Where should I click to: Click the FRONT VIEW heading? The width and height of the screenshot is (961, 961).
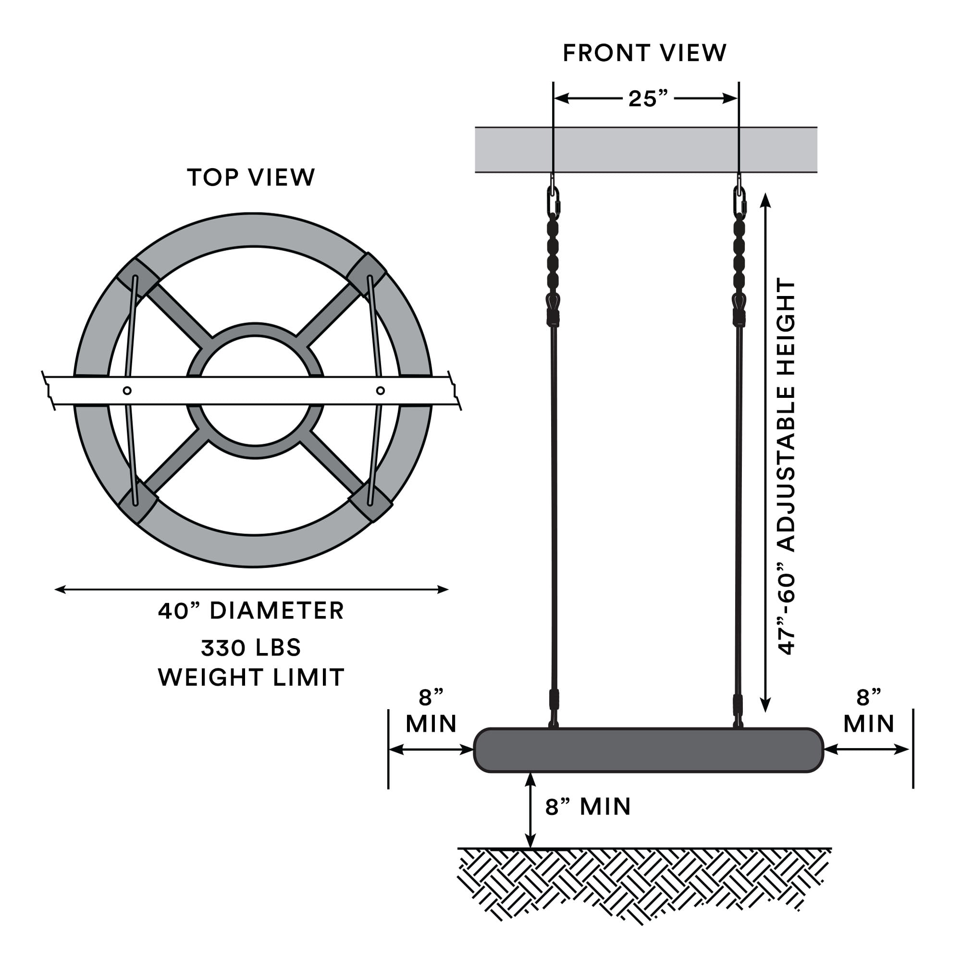tap(644, 53)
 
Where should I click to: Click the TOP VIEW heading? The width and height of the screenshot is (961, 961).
tap(251, 177)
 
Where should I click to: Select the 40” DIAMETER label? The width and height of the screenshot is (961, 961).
tap(251, 610)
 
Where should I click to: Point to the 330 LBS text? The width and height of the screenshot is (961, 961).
tap(251, 648)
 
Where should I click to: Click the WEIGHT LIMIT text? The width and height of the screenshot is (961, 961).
tap(251, 677)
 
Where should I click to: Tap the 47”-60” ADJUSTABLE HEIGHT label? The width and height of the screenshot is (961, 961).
tap(787, 467)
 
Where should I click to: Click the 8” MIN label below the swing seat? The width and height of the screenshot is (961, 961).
tap(588, 806)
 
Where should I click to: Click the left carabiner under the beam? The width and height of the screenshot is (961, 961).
tap(553, 201)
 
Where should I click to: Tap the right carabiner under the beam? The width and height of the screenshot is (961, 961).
tap(739, 201)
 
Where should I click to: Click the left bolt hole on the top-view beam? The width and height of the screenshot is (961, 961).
tap(127, 391)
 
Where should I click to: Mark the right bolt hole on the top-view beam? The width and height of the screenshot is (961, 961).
tap(381, 391)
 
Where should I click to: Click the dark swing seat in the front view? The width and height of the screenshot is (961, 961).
tap(649, 750)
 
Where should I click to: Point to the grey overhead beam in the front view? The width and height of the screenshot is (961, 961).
tap(646, 150)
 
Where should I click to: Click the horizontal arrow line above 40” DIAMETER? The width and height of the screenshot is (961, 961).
tap(252, 590)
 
